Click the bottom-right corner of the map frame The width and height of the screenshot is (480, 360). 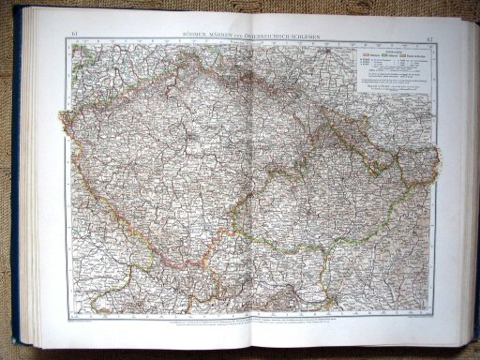click(434, 314)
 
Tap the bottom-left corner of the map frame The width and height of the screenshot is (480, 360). click(67, 314)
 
